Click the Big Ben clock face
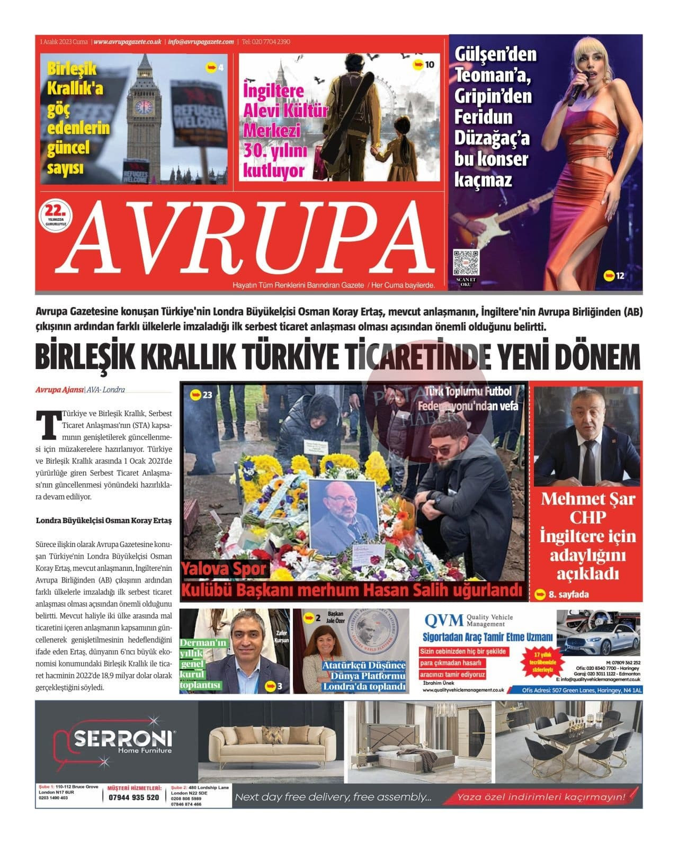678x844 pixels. [143, 107]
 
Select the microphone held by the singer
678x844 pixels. [577, 87]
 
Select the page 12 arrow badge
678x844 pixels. [614, 275]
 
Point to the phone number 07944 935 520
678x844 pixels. [133, 797]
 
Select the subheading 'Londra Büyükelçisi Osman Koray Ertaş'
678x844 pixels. [104, 520]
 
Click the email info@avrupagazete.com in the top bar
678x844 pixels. [201, 42]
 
